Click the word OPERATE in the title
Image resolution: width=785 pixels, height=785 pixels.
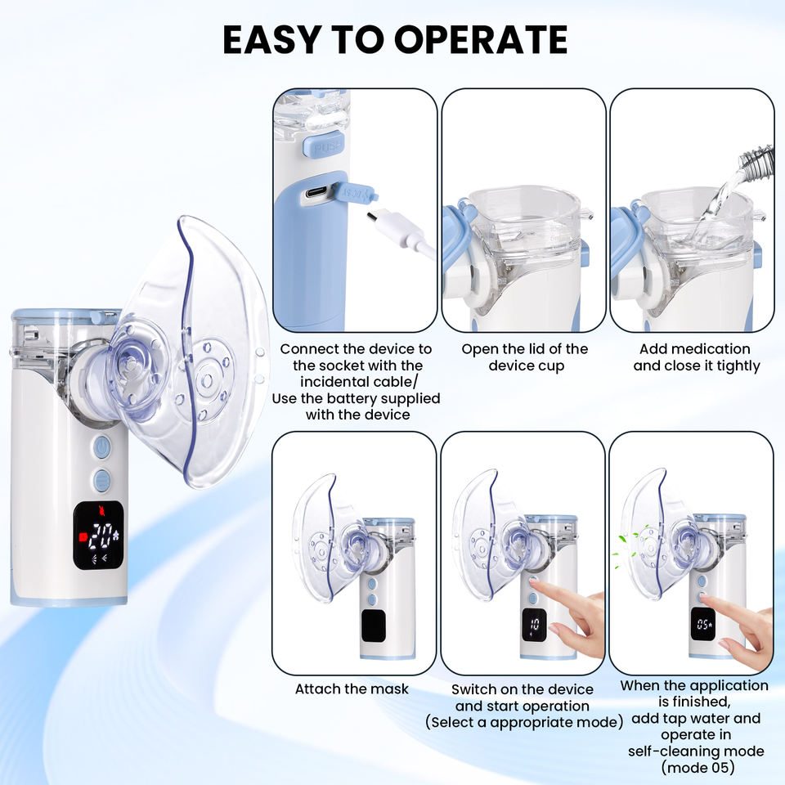coord(481,39)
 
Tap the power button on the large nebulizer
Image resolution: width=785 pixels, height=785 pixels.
coord(101,447)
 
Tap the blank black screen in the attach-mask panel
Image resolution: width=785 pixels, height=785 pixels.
coord(374,626)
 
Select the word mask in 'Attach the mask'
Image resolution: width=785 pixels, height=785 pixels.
coord(389,689)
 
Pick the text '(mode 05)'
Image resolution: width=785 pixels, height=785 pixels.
coord(698,768)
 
